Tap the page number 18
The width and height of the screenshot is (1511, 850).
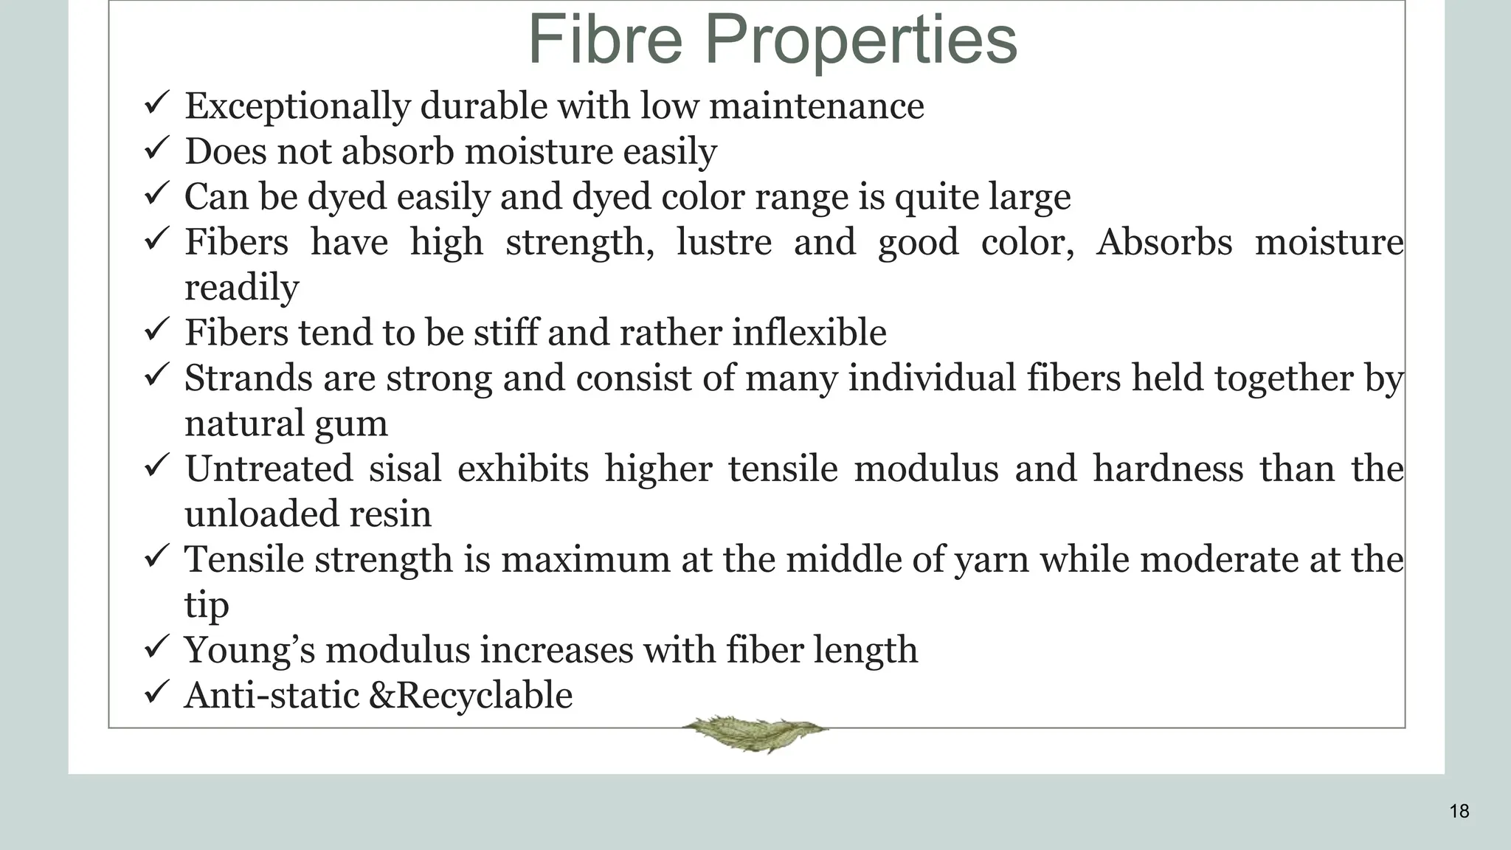point(1459,812)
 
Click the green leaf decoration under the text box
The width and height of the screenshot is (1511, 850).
point(754,732)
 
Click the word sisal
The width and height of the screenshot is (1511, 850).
point(405,469)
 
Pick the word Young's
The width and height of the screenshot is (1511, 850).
point(249,651)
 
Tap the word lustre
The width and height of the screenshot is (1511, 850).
point(724,242)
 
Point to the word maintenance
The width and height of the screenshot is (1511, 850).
point(816,106)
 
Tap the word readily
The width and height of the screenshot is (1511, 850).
point(242,288)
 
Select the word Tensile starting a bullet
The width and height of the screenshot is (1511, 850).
point(244,559)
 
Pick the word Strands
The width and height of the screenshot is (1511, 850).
point(247,379)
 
